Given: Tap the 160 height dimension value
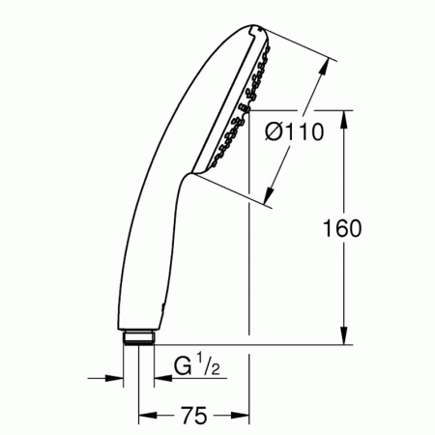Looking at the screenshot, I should pyautogui.click(x=343, y=229).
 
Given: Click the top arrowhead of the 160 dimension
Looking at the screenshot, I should pyautogui.click(x=343, y=117).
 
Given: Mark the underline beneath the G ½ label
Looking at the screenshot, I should pyautogui.click(x=198, y=379).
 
